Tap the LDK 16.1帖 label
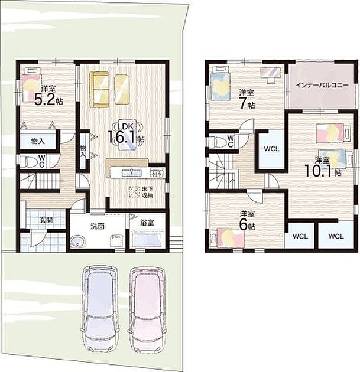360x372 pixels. [126, 134]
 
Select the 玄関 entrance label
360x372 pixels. [46, 220]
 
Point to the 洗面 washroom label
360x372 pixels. [98, 226]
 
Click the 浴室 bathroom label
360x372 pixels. [147, 222]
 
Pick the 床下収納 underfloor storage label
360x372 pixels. [147, 192]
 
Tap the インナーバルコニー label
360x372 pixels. [322, 85]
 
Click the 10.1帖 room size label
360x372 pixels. [323, 171]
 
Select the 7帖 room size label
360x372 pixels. [247, 103]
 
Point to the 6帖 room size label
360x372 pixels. [247, 225]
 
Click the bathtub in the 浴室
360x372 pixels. [147, 239]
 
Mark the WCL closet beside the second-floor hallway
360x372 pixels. [271, 149]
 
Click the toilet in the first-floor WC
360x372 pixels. [29, 161]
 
